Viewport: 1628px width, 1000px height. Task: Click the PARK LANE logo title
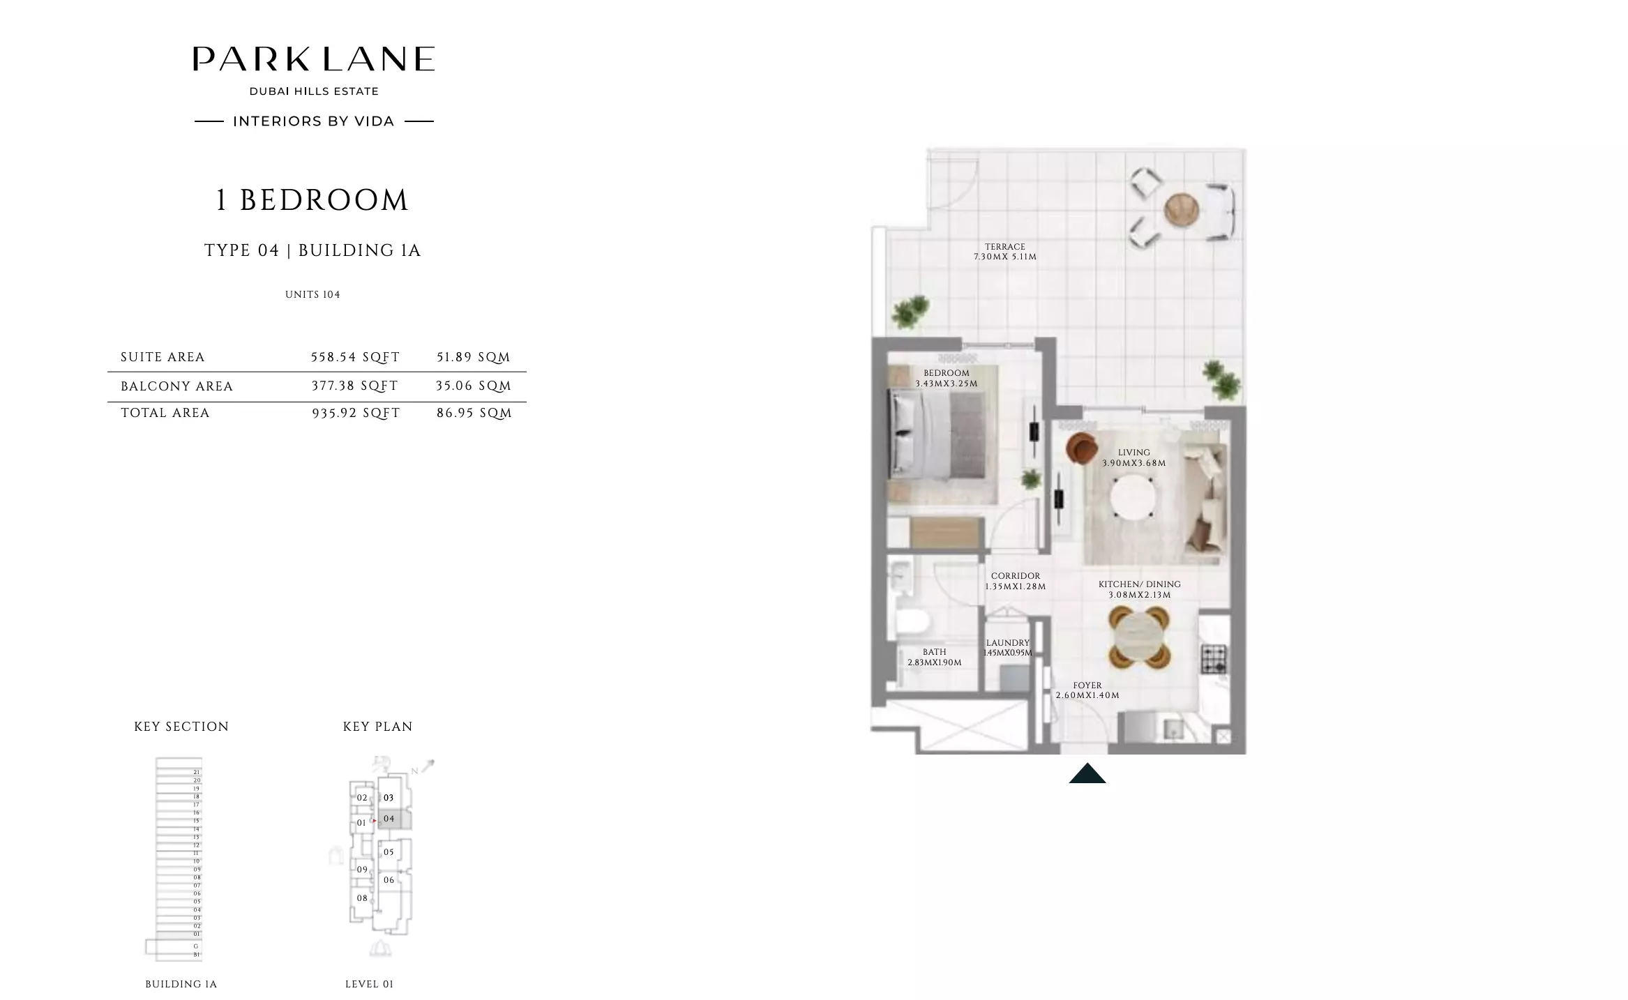pyautogui.click(x=313, y=59)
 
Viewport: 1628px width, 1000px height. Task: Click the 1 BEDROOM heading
pyautogui.click(x=311, y=200)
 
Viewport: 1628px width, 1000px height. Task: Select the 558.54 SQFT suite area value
pyautogui.click(x=355, y=357)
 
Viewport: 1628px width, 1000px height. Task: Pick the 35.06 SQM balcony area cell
pyautogui.click(x=474, y=386)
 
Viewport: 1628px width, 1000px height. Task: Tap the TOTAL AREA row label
pyautogui.click(x=165, y=413)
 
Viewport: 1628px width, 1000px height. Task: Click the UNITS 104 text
pyautogui.click(x=312, y=294)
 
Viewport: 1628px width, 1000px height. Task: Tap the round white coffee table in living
pyautogui.click(x=1132, y=497)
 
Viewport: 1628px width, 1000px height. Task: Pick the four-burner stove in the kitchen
pyautogui.click(x=1213, y=658)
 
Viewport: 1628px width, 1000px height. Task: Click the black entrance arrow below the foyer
pyautogui.click(x=1087, y=773)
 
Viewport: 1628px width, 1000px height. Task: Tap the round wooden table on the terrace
pyautogui.click(x=1181, y=209)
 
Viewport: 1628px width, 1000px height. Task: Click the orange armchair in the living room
pyautogui.click(x=1081, y=448)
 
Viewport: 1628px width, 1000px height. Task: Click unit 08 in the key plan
pyautogui.click(x=362, y=898)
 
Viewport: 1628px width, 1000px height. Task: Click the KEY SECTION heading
pyautogui.click(x=181, y=727)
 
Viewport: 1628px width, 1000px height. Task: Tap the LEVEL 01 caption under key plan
pyautogui.click(x=369, y=984)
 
